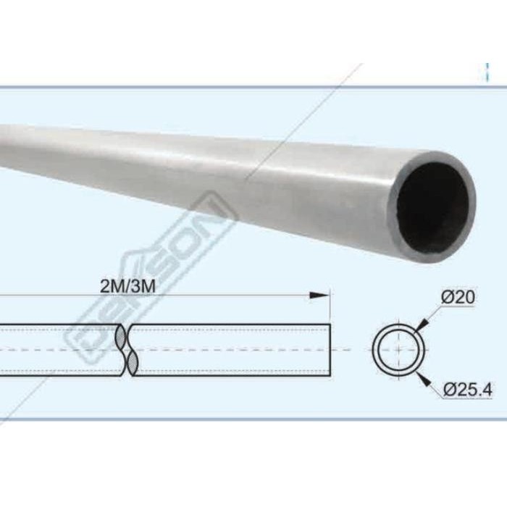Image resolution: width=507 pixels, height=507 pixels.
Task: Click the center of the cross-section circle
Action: pyautogui.click(x=400, y=349)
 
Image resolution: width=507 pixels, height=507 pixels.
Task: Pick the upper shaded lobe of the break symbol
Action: pyautogui.click(x=121, y=336)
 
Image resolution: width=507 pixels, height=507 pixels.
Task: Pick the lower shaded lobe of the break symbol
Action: pyautogui.click(x=133, y=362)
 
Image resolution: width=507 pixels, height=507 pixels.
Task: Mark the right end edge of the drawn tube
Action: pyautogui.click(x=330, y=349)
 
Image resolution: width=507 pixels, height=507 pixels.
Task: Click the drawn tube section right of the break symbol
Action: pyautogui.click(x=232, y=349)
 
